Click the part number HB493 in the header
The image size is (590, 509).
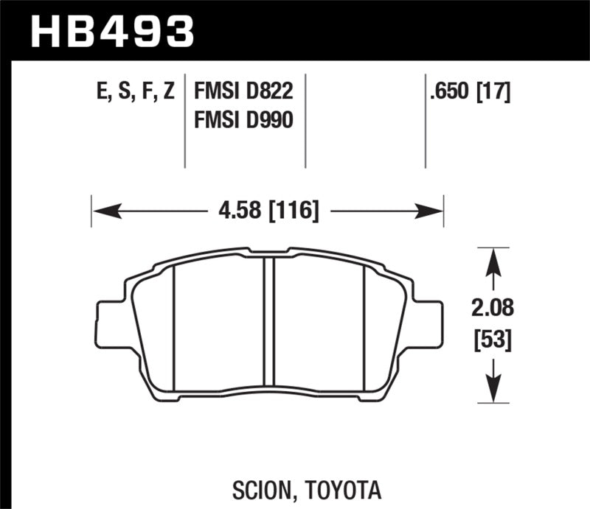point(111,30)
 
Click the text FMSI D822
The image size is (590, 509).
point(243,93)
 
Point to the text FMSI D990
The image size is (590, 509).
point(243,120)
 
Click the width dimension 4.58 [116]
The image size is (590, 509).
point(268,212)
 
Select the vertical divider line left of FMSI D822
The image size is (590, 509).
point(184,122)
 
